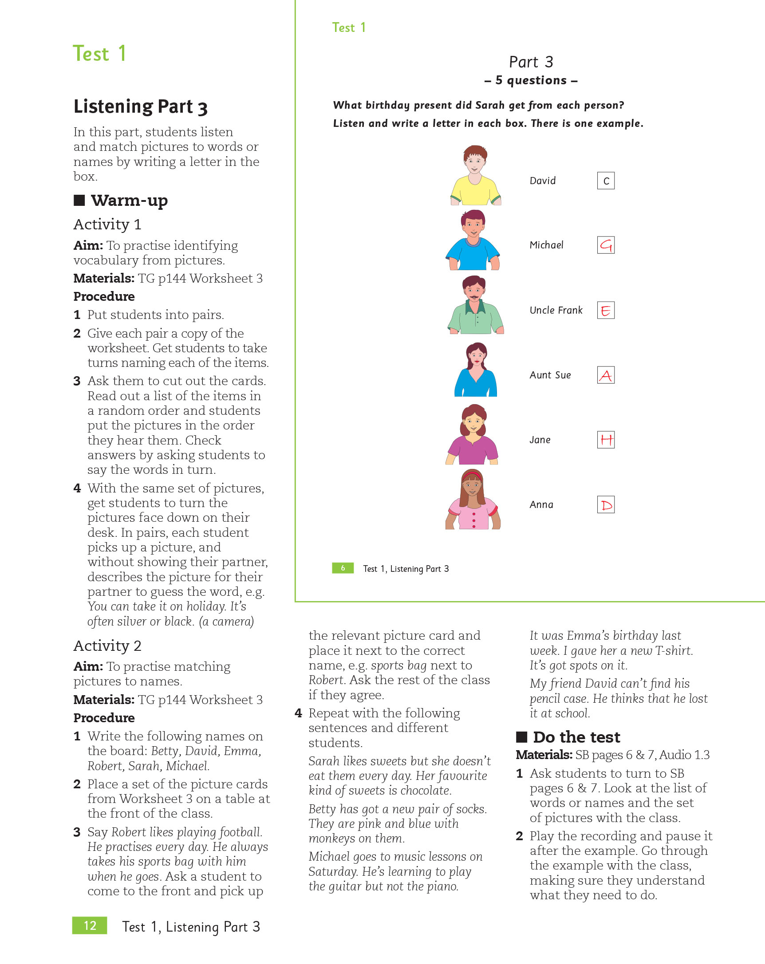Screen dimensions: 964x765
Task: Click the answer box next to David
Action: tap(605, 181)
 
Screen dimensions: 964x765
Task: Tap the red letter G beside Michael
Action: tap(605, 245)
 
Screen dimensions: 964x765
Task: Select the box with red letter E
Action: tap(605, 310)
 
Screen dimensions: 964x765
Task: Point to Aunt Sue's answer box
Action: tap(605, 375)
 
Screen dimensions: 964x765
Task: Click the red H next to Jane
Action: tap(605, 440)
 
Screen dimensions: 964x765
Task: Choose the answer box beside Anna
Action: tap(605, 505)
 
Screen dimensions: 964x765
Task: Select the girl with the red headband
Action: tap(473, 500)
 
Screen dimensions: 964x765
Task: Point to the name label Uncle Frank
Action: tap(556, 310)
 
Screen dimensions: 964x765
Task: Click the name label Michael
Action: tap(546, 245)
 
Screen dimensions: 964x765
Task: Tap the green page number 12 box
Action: tap(90, 925)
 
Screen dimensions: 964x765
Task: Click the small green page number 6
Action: tap(343, 568)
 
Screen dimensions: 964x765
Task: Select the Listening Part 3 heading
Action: tap(140, 107)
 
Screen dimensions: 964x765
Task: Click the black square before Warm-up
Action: tap(79, 200)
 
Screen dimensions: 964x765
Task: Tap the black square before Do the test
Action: tap(521, 737)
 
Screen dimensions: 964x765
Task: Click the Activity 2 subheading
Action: tap(107, 645)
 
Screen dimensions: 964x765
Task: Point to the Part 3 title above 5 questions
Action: tap(531, 62)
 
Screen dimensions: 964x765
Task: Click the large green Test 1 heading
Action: tap(99, 54)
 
